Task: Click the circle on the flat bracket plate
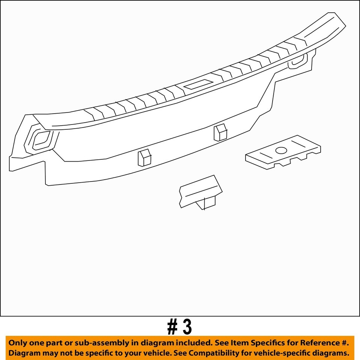281,151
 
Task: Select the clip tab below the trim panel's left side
144,157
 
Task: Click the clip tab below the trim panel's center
220,133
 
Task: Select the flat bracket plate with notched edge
283,154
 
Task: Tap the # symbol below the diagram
173,327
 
